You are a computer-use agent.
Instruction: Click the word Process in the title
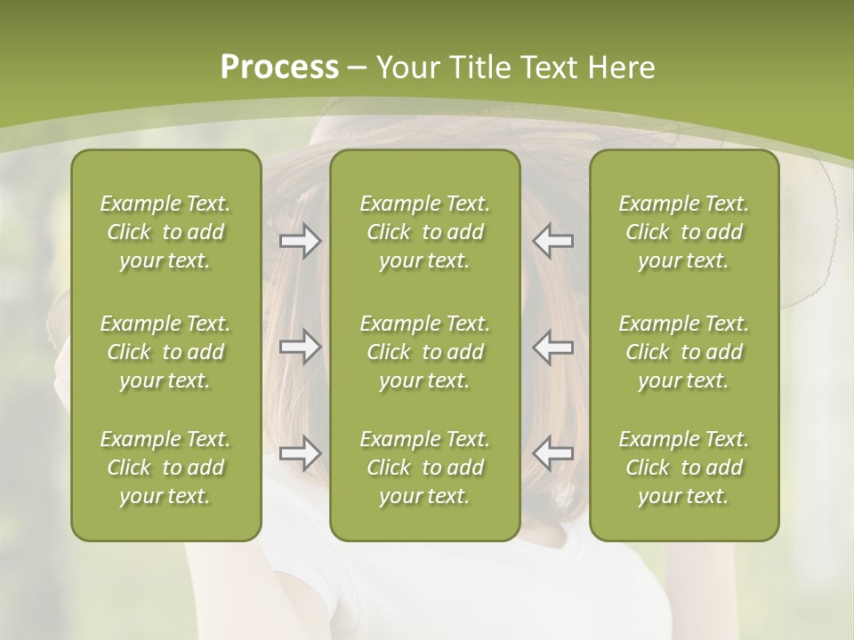coord(279,67)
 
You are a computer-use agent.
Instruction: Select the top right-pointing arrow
coord(300,241)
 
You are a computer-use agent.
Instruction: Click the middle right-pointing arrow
coord(300,347)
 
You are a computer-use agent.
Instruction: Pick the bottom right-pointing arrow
coord(300,453)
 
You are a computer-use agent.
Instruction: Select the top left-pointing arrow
coord(553,241)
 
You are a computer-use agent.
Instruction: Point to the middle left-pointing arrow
coord(553,347)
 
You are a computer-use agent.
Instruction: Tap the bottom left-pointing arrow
coord(553,453)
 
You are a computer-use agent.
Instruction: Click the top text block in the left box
coord(165,232)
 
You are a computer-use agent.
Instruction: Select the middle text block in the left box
coord(165,352)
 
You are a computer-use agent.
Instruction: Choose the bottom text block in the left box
coord(165,468)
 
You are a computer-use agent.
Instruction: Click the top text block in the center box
coord(424,232)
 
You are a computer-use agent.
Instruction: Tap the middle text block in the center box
coord(424,352)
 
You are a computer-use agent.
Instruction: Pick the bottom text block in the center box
coord(424,468)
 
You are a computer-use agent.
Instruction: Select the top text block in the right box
coord(683,232)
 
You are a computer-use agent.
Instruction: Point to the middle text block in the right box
coord(683,352)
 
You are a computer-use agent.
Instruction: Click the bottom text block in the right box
coord(683,468)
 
